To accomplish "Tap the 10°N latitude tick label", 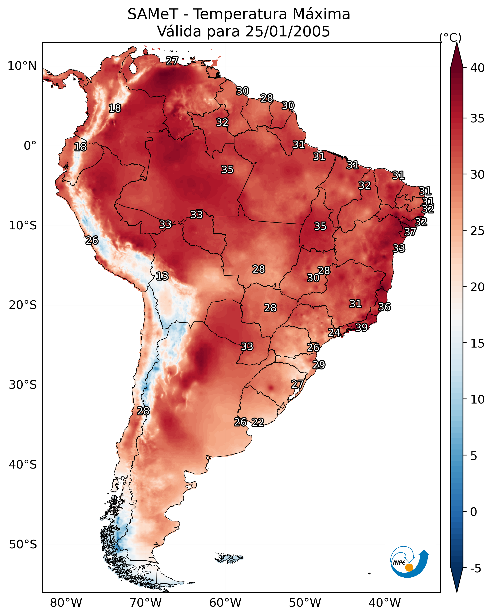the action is (22, 66).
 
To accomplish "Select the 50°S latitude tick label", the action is (23, 545).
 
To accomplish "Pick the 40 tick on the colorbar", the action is (477, 68).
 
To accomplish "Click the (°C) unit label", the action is (450, 37).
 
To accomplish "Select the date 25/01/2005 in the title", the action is (288, 31).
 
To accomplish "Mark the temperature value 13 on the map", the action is (162, 276).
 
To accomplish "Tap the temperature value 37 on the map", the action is (410, 232).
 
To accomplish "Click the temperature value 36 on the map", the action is (384, 307).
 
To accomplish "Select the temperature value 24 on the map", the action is (334, 333).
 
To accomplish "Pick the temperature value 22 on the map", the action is (258, 422).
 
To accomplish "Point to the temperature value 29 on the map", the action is (319, 365).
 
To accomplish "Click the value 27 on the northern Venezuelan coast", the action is (172, 61).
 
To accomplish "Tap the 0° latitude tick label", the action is (30, 146).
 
